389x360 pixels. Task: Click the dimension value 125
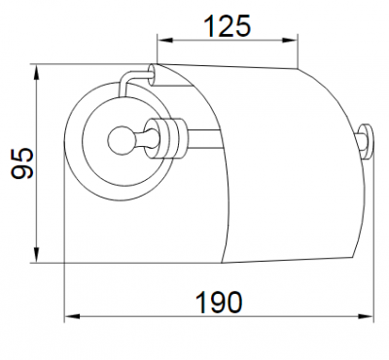click(x=228, y=25)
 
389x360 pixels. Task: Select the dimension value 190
click(x=220, y=303)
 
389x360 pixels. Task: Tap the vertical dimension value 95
click(x=21, y=163)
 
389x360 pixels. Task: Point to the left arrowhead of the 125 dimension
click(x=164, y=40)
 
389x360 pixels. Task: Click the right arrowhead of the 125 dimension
click(x=290, y=40)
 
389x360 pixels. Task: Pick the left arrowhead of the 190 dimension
click(x=72, y=316)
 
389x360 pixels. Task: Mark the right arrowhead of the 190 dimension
click(x=366, y=316)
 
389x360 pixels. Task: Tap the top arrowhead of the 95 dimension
click(x=37, y=72)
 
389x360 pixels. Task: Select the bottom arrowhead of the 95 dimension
click(x=37, y=255)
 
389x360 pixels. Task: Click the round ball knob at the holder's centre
click(x=118, y=139)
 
